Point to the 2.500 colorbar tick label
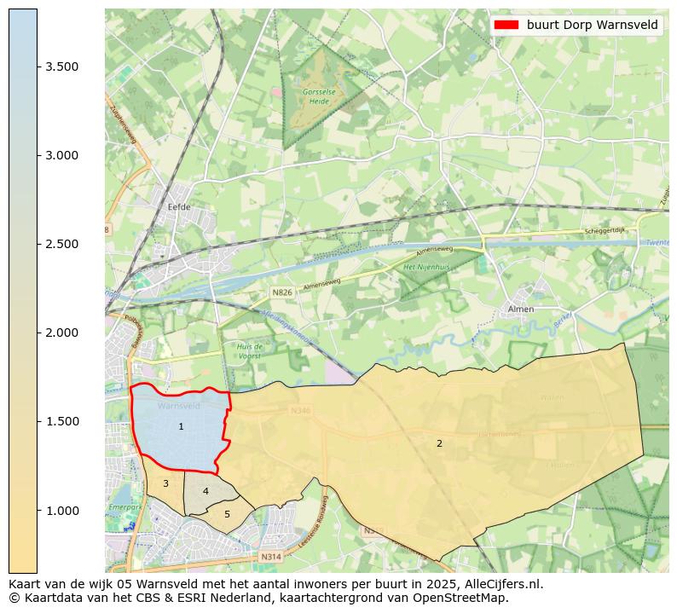pos(62,244)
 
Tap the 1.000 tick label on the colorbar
pos(62,510)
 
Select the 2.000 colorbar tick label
pos(62,333)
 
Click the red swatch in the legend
pos(506,25)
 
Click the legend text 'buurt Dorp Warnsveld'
pos(592,25)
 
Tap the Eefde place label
pos(179,207)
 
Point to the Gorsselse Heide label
pos(319,95)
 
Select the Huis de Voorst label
pos(250,351)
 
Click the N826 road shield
pos(281,292)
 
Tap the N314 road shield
pos(270,557)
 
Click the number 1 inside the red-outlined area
pos(181,426)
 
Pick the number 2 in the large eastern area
pos(439,443)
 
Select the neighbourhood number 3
pos(165,483)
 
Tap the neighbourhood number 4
pos(205,491)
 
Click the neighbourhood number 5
pos(227,514)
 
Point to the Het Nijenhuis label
pos(425,267)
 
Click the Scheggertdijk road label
pos(605,231)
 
